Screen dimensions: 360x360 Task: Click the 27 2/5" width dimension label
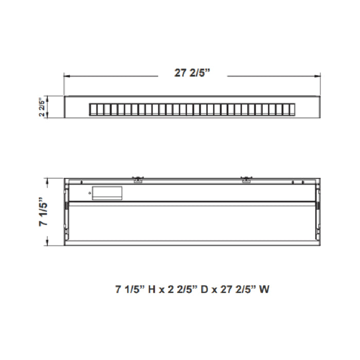click(x=192, y=74)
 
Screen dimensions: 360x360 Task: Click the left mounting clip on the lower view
click(x=138, y=179)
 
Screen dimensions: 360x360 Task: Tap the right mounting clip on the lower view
click(x=246, y=179)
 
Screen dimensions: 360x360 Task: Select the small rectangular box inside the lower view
click(x=107, y=192)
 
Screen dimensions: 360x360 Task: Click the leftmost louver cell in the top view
click(x=93, y=109)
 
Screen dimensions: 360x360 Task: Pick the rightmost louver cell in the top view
click(x=293, y=109)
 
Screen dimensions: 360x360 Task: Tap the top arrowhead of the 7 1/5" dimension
click(x=48, y=181)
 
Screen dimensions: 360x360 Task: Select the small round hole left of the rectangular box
click(x=89, y=193)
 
